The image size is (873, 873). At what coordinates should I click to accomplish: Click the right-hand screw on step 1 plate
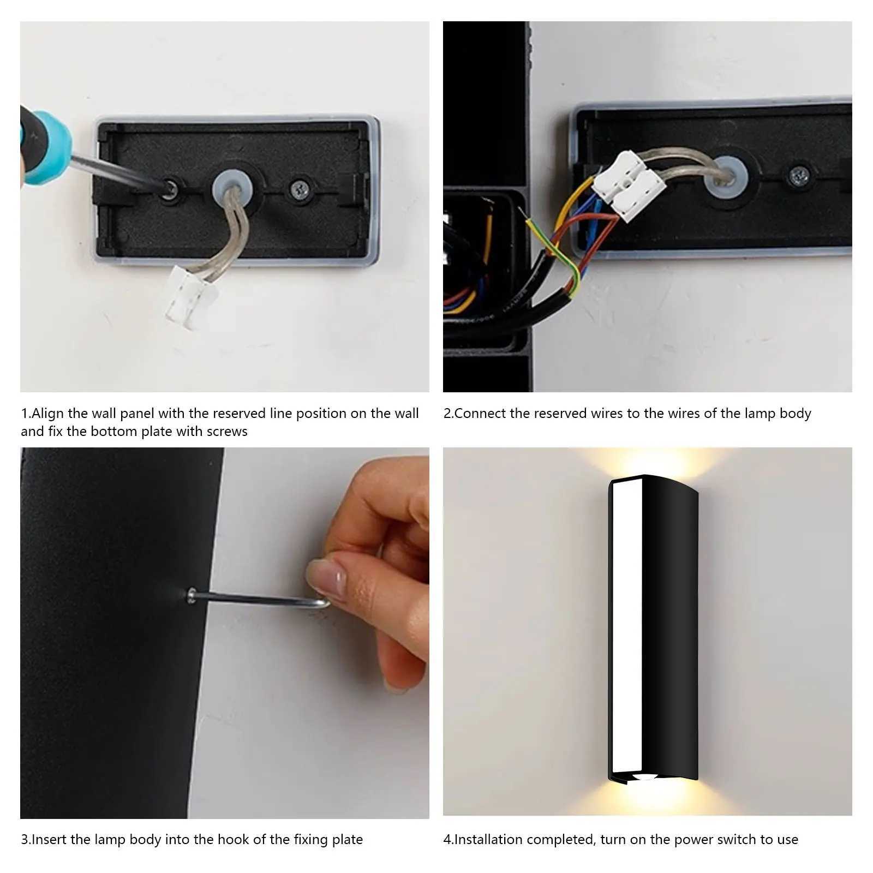tap(299, 189)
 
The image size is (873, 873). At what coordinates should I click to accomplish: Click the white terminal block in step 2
tap(627, 186)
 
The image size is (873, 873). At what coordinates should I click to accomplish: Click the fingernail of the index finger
tap(326, 576)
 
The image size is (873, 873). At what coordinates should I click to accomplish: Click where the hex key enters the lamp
tap(192, 594)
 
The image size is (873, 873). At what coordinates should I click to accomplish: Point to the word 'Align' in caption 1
tap(48, 414)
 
